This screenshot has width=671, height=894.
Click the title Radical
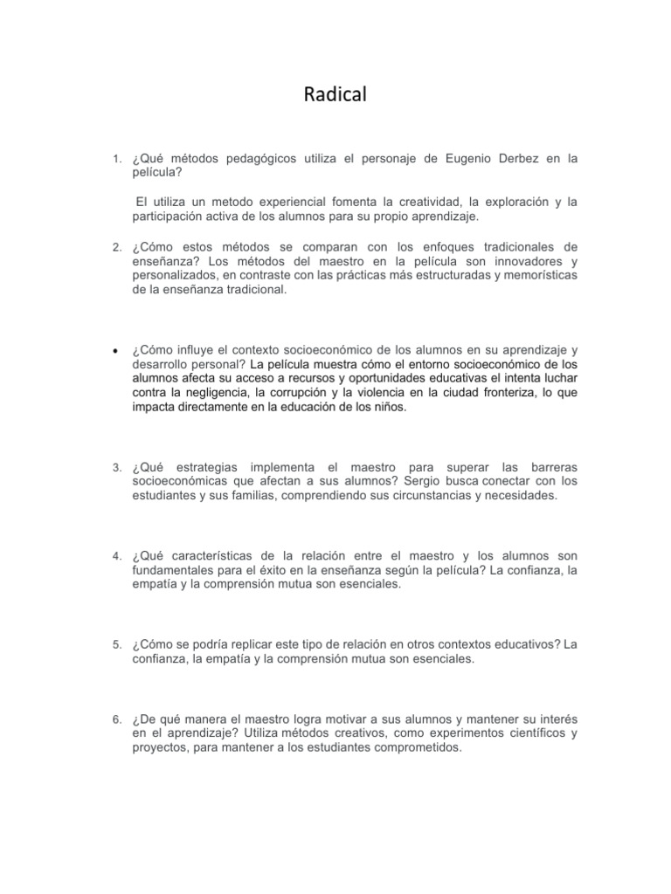[335, 95]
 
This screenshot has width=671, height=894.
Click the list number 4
[116, 556]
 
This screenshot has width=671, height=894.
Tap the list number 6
[116, 719]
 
